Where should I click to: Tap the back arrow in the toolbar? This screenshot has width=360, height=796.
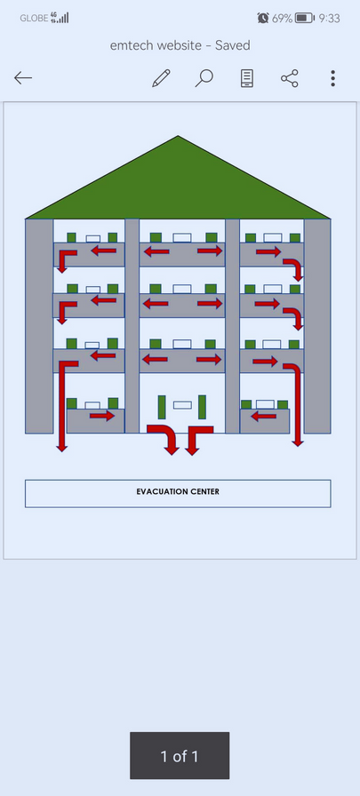click(x=23, y=77)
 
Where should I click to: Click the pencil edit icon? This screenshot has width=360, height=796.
click(x=161, y=78)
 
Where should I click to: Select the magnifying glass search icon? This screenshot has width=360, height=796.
click(x=204, y=78)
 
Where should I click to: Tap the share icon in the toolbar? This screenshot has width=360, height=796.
click(x=290, y=78)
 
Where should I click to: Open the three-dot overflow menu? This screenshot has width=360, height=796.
click(x=332, y=78)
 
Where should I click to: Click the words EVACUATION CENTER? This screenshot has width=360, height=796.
click(x=178, y=491)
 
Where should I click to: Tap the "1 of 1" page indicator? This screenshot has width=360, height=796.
click(x=180, y=756)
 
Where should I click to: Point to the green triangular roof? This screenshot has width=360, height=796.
click(x=178, y=187)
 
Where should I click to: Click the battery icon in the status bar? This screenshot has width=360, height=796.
click(x=305, y=19)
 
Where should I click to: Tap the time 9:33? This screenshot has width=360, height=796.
click(x=329, y=19)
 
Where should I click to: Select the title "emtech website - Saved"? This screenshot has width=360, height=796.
click(x=180, y=45)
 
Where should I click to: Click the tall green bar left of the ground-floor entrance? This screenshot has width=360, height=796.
click(x=162, y=407)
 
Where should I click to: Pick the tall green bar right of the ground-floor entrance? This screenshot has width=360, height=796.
click(x=202, y=407)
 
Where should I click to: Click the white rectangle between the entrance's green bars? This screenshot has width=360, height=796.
click(x=182, y=405)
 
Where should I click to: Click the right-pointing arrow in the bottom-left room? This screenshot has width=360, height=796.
click(x=102, y=417)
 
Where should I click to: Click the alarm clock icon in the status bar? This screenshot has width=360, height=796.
click(x=263, y=19)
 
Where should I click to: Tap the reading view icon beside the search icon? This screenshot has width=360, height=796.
click(x=247, y=78)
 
